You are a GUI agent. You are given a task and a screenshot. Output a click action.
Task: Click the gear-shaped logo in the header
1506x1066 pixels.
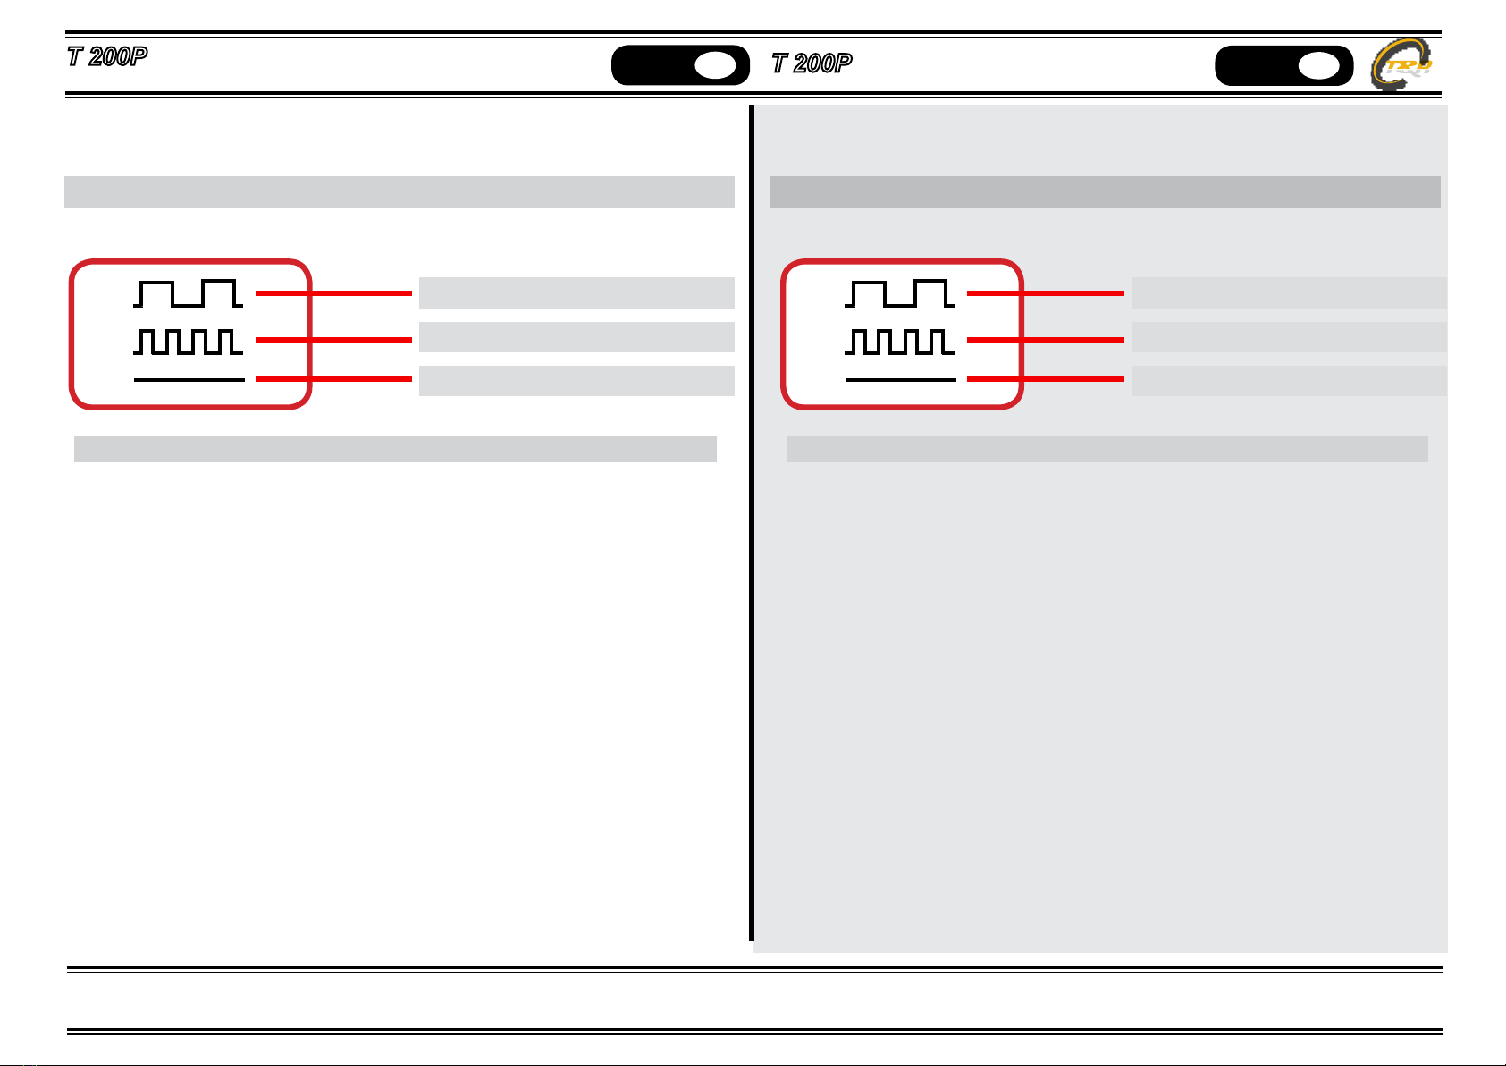(x=1401, y=64)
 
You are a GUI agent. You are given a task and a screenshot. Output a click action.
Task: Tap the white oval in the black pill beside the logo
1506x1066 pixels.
(x=1318, y=66)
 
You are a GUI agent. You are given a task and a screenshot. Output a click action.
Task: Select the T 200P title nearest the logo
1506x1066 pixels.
(x=812, y=63)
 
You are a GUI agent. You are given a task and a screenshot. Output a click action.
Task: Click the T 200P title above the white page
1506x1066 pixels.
(x=107, y=56)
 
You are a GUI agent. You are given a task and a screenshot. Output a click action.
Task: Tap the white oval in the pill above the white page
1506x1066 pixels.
(x=715, y=65)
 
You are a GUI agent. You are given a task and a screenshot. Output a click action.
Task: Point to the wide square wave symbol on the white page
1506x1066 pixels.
(x=189, y=293)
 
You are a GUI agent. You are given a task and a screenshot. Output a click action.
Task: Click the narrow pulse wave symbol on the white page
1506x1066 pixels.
(x=189, y=342)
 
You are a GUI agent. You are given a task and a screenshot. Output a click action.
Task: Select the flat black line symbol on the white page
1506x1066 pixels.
(x=189, y=380)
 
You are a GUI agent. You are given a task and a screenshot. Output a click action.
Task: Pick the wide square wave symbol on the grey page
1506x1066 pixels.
(x=899, y=293)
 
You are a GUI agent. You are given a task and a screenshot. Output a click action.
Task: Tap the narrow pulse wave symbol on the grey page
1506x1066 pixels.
(x=899, y=342)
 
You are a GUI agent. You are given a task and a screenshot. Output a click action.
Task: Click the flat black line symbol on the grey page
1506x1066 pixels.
(x=900, y=380)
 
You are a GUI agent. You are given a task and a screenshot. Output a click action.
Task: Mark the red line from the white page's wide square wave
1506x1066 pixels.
(x=333, y=293)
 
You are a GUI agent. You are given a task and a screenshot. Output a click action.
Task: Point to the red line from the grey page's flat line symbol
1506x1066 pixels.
(x=1046, y=379)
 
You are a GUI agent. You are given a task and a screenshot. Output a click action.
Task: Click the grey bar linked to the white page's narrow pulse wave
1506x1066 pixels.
(x=576, y=337)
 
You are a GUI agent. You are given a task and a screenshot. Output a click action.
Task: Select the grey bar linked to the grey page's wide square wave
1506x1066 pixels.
(x=1289, y=292)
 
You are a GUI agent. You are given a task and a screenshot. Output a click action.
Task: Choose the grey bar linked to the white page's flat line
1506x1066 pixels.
(x=576, y=381)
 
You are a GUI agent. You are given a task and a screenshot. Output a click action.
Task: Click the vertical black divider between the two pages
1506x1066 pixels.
(x=752, y=522)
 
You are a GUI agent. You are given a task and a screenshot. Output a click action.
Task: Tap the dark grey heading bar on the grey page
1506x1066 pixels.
(x=1106, y=192)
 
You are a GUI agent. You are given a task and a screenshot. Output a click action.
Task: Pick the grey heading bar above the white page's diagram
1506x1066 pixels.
(x=400, y=192)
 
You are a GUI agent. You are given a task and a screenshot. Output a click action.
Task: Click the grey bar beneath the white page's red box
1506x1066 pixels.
(x=395, y=449)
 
